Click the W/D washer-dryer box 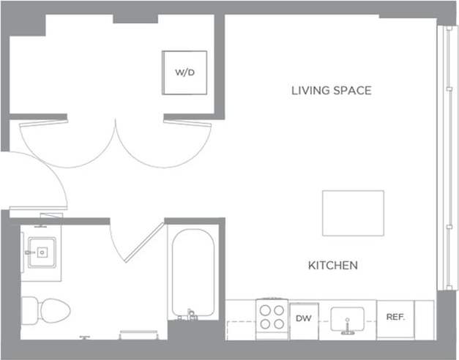click(184, 72)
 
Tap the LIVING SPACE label click(331, 91)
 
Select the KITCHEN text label click(333, 265)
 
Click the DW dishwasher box click(303, 318)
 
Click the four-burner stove click(272, 318)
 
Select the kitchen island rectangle click(353, 213)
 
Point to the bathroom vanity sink click(41, 253)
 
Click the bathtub click(192, 271)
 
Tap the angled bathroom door click(143, 242)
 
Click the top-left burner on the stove click(266, 311)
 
